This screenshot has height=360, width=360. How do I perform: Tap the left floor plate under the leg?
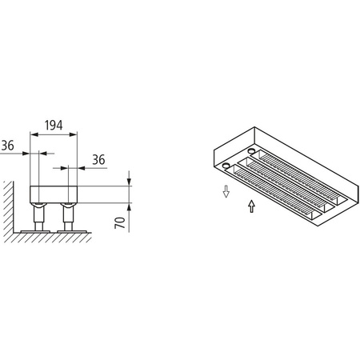35,231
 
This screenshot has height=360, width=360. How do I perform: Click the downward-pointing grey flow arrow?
226,190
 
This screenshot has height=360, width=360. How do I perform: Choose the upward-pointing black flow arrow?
253,207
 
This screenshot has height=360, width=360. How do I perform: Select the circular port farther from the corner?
252,150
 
